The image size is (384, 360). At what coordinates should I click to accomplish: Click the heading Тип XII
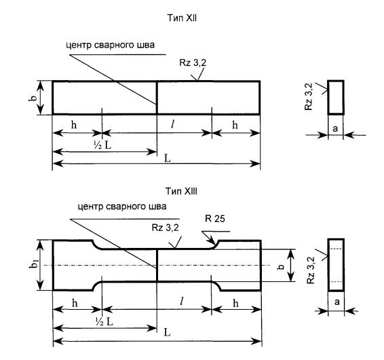click(x=182, y=18)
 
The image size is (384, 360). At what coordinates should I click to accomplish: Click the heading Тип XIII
click(x=181, y=191)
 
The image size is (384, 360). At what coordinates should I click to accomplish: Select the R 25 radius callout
click(x=215, y=219)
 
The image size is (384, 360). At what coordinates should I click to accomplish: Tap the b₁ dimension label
click(x=35, y=265)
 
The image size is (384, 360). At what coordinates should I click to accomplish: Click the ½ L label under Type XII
click(x=102, y=145)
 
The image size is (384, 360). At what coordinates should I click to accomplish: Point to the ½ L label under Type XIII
click(x=104, y=322)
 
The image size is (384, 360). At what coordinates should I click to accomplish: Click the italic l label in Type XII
click(x=172, y=124)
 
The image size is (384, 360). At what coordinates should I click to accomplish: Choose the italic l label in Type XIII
click(x=181, y=302)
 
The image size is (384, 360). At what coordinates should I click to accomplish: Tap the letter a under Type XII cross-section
click(x=335, y=128)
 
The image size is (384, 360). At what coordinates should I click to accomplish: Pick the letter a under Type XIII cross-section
click(x=337, y=302)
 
